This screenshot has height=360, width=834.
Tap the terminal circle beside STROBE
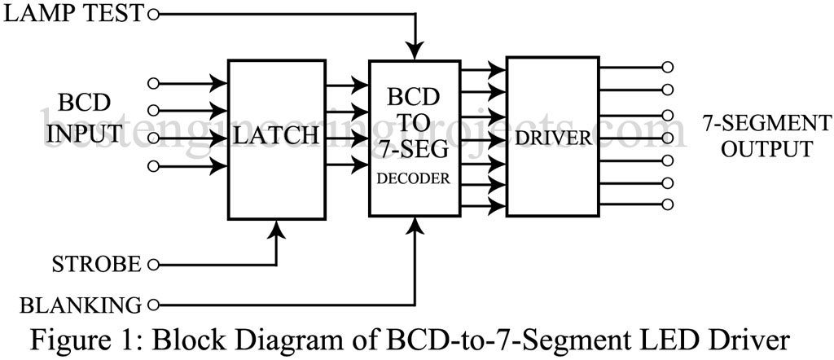[152, 265]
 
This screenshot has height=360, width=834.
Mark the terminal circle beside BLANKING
[152, 305]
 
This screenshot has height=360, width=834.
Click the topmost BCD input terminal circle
[151, 82]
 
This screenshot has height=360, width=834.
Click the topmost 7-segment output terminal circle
[668, 68]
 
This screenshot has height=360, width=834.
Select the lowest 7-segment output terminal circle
[668, 203]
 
